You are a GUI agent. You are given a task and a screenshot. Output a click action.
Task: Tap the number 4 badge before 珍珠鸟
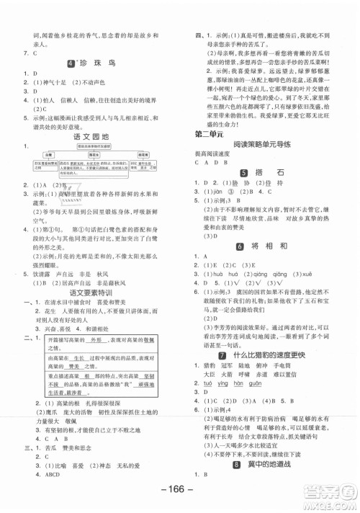71,63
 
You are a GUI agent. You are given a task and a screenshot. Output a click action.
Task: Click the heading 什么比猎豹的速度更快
276,355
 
